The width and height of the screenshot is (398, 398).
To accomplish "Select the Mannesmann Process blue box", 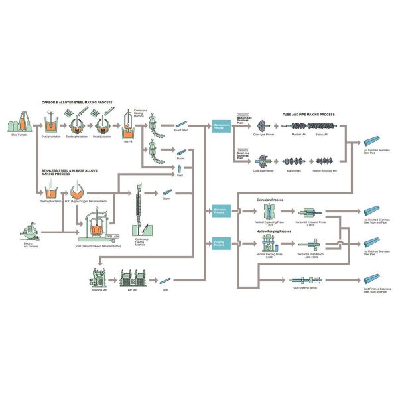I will coord(221,125).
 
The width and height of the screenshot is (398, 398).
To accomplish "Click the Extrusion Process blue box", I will coord(221,211).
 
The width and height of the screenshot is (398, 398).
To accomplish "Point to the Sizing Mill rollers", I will coord(326,125).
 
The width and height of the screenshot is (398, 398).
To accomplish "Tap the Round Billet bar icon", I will coord(180,124).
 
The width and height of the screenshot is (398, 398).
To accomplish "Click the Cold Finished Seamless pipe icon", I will coord(372,279).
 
